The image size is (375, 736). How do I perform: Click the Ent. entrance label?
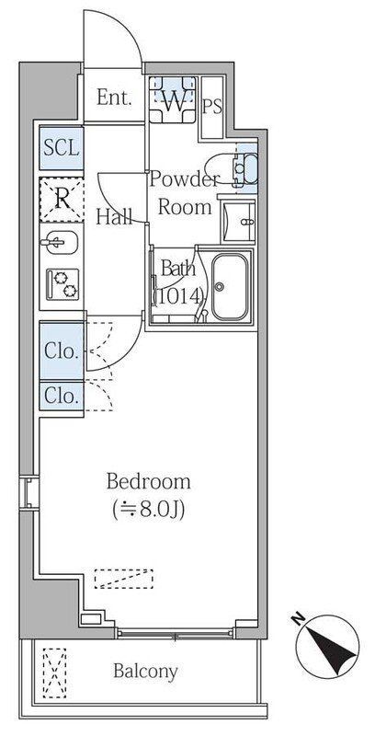(x=115, y=97)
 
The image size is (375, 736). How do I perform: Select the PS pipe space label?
(x=212, y=106)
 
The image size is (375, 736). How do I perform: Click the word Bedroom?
(x=148, y=481)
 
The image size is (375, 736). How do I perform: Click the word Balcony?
(x=145, y=671)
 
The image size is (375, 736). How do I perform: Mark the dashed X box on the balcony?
(x=55, y=671)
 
